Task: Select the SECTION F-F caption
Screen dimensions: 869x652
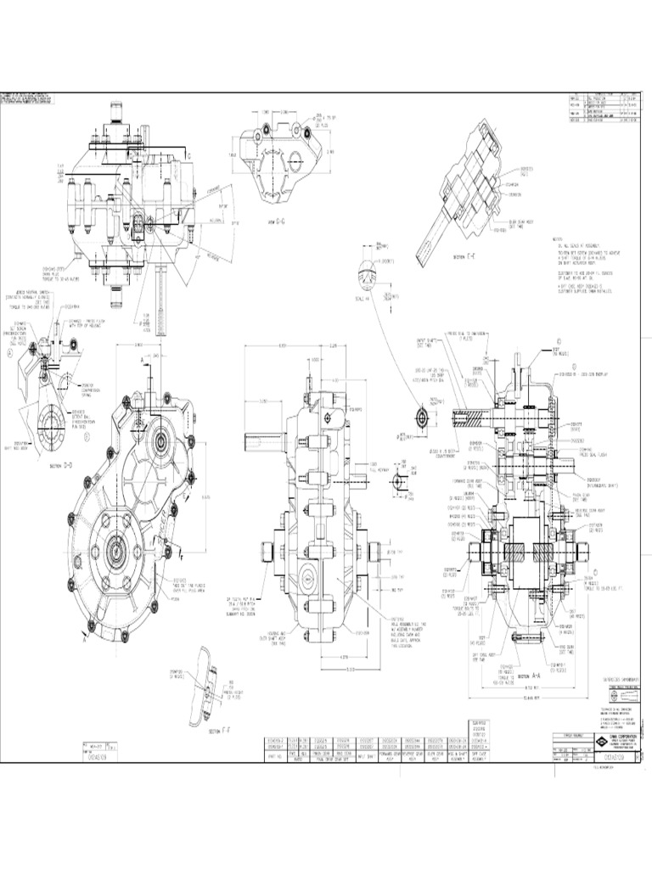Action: (x=219, y=728)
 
